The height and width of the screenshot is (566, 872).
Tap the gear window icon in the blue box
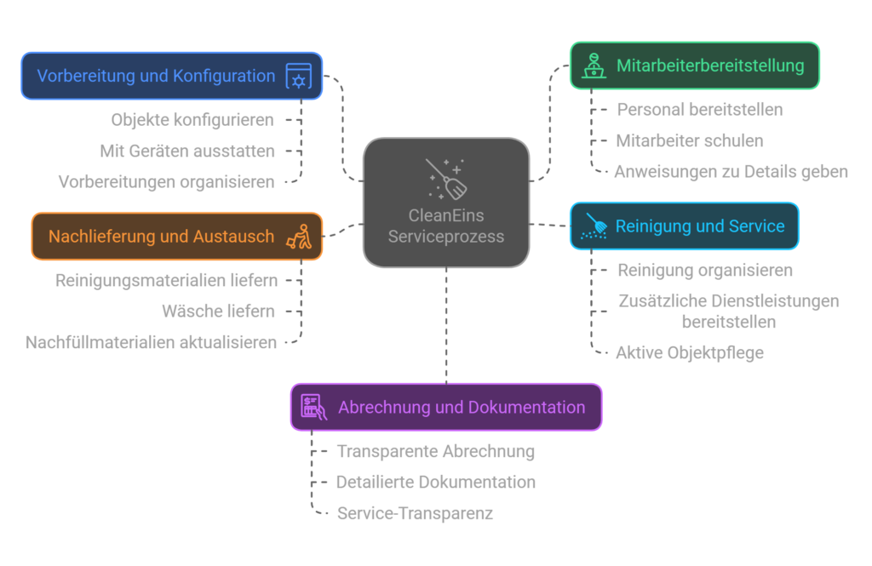coord(299,77)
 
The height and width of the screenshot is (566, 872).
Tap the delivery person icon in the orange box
coord(300,236)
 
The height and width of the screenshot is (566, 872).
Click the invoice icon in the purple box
coord(313,407)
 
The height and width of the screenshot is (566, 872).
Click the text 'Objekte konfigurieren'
coord(192,119)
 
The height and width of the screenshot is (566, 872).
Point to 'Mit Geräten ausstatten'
coord(187,151)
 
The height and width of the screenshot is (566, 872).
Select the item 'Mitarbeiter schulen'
coord(689,140)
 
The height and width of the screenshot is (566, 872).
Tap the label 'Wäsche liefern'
coord(218,311)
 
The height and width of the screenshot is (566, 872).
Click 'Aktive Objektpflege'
coord(689,352)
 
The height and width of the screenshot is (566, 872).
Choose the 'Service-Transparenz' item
coord(415,513)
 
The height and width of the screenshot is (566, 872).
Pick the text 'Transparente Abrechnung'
coord(435,451)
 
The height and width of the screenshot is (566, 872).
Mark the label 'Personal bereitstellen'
coord(699,109)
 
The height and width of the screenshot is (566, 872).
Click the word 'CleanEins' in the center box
coord(445,215)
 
